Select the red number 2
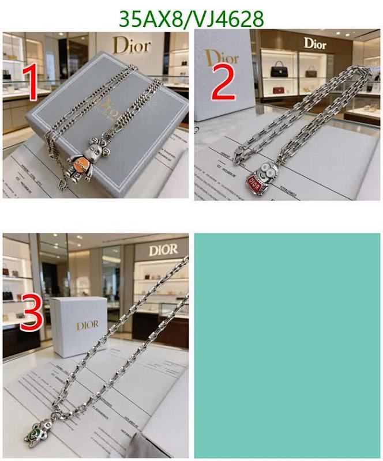pos(223,84)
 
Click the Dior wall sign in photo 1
pos(132,45)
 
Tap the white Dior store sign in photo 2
pos(315,43)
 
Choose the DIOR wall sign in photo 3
pos(164,250)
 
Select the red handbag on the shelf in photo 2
pos(279,90)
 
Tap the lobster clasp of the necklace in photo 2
pos(239,154)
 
